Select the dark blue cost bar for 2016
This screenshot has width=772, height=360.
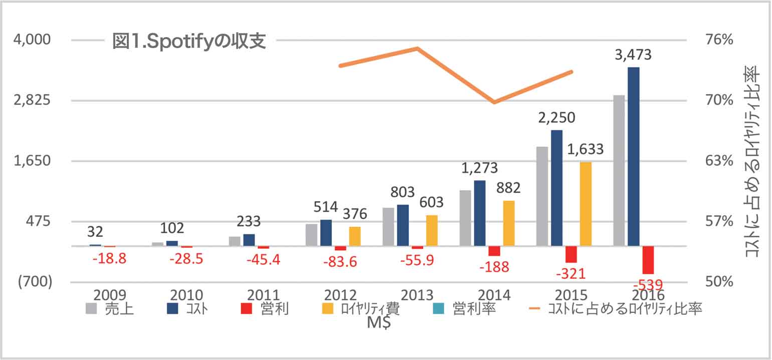pyautogui.click(x=634, y=156)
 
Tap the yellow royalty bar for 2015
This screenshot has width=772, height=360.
pyautogui.click(x=586, y=204)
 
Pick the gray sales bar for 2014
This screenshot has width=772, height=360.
pyautogui.click(x=465, y=218)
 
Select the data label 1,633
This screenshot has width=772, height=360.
pyautogui.click(x=585, y=150)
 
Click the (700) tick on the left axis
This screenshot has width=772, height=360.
pyautogui.click(x=35, y=282)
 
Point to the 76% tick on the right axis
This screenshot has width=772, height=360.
pyautogui.click(x=719, y=40)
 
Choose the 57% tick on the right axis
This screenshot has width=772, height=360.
pyautogui.click(x=719, y=221)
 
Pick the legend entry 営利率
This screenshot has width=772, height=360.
pyautogui.click(x=467, y=309)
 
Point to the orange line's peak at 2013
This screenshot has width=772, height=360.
pyautogui.click(x=417, y=48)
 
